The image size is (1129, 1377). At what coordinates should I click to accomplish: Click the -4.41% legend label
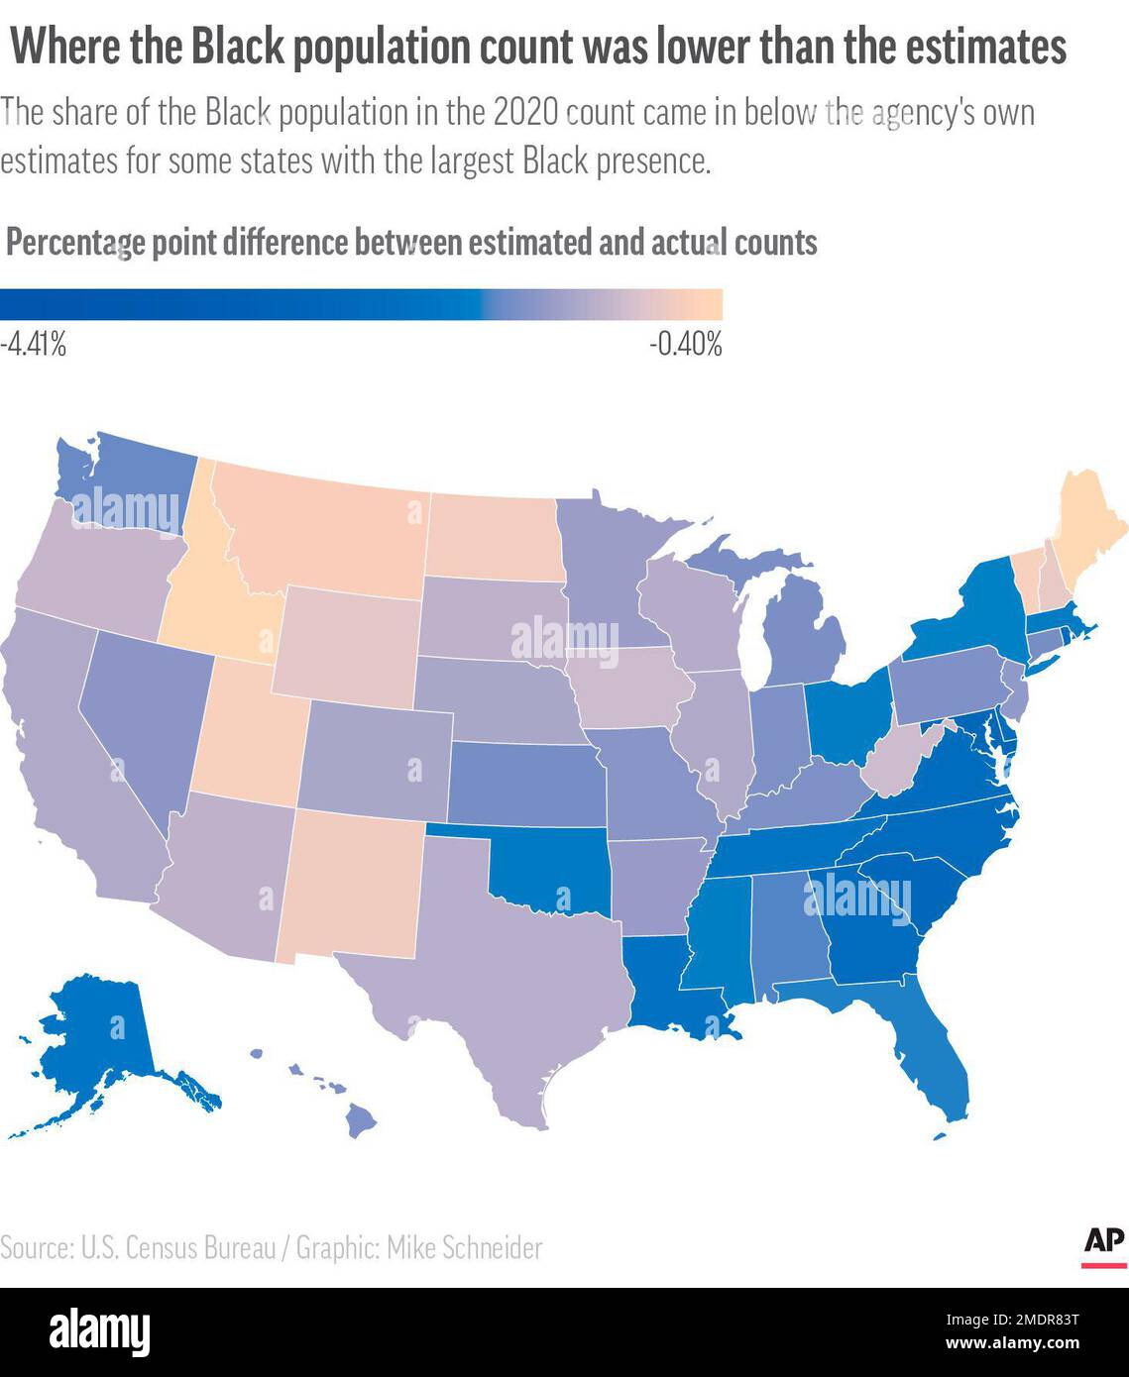34,346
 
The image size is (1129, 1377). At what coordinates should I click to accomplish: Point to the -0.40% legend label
686,346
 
